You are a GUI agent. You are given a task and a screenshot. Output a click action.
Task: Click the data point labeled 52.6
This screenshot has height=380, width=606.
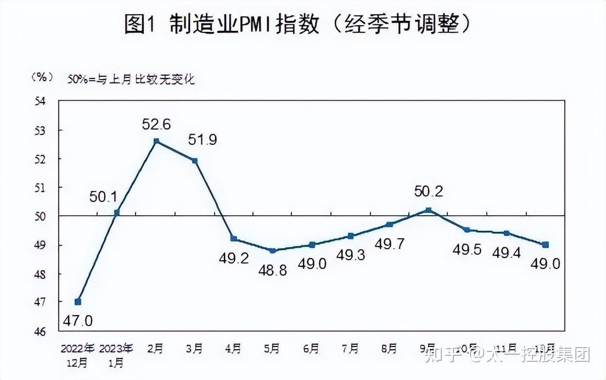click(156, 141)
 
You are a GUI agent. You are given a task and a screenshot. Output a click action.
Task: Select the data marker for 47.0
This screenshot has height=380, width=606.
click(78, 301)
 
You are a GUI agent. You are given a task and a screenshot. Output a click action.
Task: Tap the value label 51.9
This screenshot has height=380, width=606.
click(202, 140)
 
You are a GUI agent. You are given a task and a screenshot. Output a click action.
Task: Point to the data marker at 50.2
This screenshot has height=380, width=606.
click(429, 210)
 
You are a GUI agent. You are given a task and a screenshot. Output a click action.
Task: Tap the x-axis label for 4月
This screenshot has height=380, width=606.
click(233, 349)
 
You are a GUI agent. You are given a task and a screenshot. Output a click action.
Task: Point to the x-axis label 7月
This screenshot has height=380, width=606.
click(350, 349)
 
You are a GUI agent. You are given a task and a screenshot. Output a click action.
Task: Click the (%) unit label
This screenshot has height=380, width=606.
click(41, 77)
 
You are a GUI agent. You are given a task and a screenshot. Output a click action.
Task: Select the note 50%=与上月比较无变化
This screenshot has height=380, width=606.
click(131, 79)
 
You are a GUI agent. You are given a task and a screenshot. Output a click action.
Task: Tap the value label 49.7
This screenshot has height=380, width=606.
click(390, 244)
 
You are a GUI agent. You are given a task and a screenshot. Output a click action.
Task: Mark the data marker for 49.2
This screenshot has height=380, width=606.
click(234, 239)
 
